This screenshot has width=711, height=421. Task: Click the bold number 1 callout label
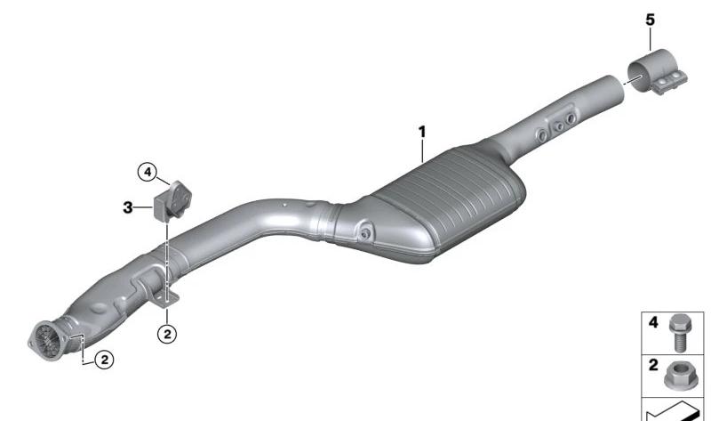(422, 132)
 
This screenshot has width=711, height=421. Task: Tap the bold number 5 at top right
(651, 20)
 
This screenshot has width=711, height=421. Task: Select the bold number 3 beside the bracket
(128, 207)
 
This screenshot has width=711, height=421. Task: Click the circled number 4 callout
(147, 173)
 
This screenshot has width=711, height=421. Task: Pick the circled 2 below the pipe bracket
(167, 335)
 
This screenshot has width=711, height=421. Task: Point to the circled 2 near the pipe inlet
(104, 360)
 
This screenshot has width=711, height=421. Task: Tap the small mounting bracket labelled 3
(172, 202)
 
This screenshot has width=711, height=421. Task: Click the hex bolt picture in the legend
(678, 333)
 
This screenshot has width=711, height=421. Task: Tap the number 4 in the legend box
(653, 322)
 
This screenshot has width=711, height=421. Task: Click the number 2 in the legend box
(653, 365)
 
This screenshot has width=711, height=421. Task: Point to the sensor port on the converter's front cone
(364, 233)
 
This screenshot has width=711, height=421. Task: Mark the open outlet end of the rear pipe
(615, 89)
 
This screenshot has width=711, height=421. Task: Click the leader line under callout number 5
(651, 39)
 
